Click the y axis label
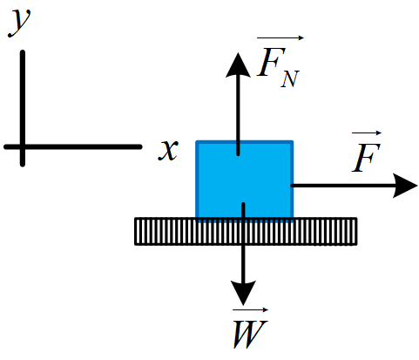(x=19, y=23)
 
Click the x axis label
(x=168, y=150)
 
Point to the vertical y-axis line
(x=23, y=108)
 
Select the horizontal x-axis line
(x=73, y=147)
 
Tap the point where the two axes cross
(x=23, y=147)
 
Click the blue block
(x=245, y=180)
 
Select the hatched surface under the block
(x=246, y=232)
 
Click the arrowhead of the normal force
(x=238, y=65)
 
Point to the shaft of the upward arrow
(x=238, y=115)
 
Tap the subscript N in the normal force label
(x=290, y=79)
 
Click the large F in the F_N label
(x=271, y=62)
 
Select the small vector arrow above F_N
(x=280, y=37)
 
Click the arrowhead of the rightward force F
(x=405, y=186)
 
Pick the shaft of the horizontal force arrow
(x=342, y=186)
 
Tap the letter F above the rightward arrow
(x=366, y=157)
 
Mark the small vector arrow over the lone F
(x=367, y=133)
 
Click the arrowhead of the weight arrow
(x=243, y=293)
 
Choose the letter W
(x=250, y=334)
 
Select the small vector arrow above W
(x=250, y=310)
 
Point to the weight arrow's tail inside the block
(x=243, y=204)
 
